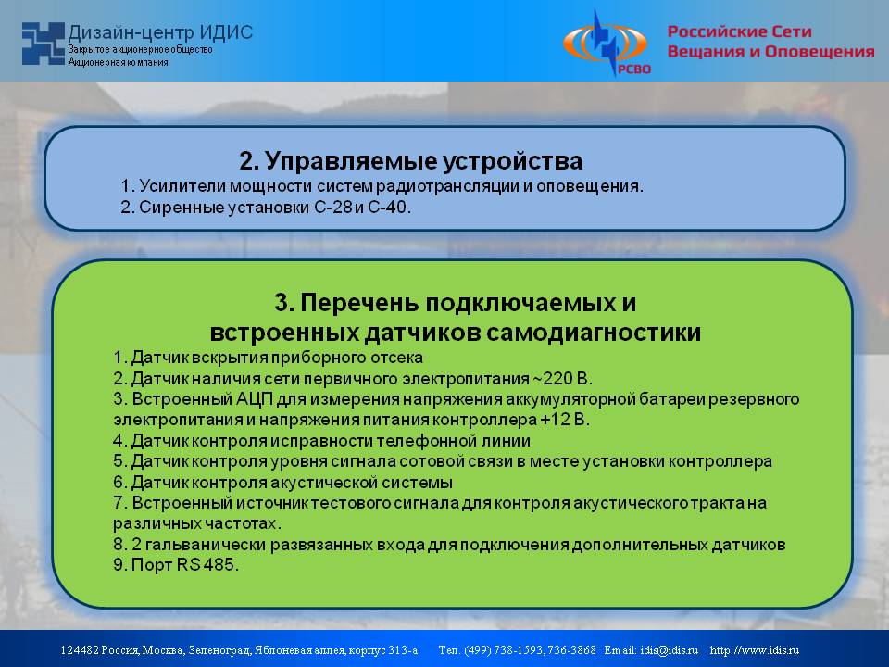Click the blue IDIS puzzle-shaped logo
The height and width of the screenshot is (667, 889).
[44, 44]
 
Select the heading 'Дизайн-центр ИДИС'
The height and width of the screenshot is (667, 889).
[160, 32]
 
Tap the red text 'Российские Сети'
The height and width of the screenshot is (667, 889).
[739, 31]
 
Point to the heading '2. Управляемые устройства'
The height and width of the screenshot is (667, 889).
[410, 161]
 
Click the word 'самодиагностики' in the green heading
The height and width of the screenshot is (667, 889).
[594, 333]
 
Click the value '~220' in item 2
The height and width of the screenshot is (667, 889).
[552, 378]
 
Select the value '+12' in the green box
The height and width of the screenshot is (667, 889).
[554, 420]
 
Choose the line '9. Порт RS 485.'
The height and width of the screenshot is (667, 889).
[176, 565]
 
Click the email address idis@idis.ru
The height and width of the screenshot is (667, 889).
[670, 650]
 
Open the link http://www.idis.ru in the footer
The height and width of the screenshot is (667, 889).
[755, 650]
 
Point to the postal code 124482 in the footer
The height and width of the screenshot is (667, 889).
[79, 650]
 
